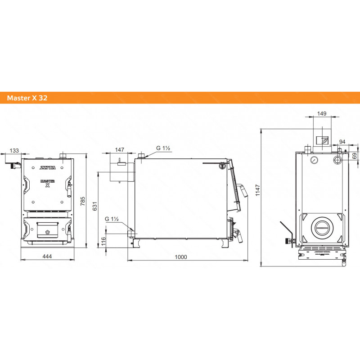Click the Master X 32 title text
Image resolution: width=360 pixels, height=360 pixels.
tap(27, 98)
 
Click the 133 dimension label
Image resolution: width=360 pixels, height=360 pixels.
tap(14, 151)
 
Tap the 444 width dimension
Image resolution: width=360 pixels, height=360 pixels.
tap(47, 256)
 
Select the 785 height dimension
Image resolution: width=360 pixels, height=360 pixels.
tap(83, 201)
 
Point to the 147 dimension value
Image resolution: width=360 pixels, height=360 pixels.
tap(120, 150)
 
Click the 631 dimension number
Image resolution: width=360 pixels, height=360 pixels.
tap(95, 206)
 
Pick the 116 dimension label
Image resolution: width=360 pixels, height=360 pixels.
tap(103, 241)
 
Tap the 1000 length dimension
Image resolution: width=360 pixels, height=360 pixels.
tap(181, 257)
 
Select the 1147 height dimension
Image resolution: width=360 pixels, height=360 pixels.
tap(257, 190)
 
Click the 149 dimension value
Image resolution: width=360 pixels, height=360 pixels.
tap(322, 113)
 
